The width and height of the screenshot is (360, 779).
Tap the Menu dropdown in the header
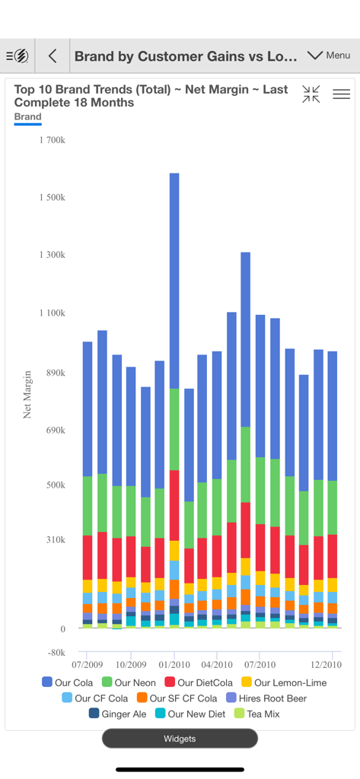(329, 56)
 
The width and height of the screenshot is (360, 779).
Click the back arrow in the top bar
(53, 56)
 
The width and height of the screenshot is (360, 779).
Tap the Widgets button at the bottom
(180, 738)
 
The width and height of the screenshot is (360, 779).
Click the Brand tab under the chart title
(28, 117)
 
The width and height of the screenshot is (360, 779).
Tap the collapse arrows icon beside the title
(311, 94)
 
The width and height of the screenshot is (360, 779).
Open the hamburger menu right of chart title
(342, 94)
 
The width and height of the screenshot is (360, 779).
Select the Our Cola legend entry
(68, 682)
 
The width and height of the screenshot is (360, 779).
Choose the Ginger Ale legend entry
(117, 714)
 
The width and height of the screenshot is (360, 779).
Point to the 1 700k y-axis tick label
(52, 141)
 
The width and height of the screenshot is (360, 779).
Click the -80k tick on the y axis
(56, 653)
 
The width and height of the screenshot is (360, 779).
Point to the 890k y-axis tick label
(55, 373)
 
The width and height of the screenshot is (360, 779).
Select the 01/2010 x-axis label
(174, 664)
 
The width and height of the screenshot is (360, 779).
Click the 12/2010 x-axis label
(326, 664)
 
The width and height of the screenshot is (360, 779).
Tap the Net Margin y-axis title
(27, 394)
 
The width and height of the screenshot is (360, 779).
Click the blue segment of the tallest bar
(174, 281)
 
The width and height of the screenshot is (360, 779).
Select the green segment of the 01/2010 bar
(174, 429)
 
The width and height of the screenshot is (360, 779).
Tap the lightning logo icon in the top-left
(18, 56)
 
